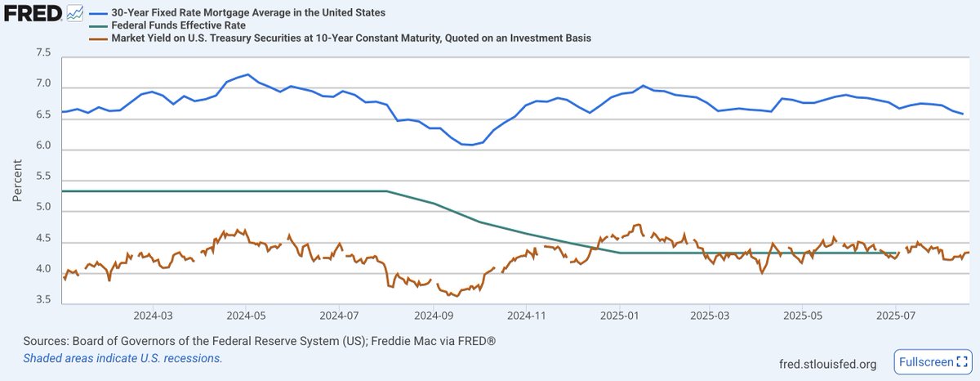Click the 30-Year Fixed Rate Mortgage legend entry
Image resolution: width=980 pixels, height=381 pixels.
pyautogui.click(x=237, y=14)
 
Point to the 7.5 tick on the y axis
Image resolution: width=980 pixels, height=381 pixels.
pyautogui.click(x=42, y=54)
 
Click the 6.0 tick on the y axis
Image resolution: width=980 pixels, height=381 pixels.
pyautogui.click(x=42, y=147)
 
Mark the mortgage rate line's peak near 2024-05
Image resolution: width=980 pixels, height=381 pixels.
pyautogui.click(x=247, y=74)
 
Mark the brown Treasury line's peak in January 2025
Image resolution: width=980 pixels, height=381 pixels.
pyautogui.click(x=639, y=224)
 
